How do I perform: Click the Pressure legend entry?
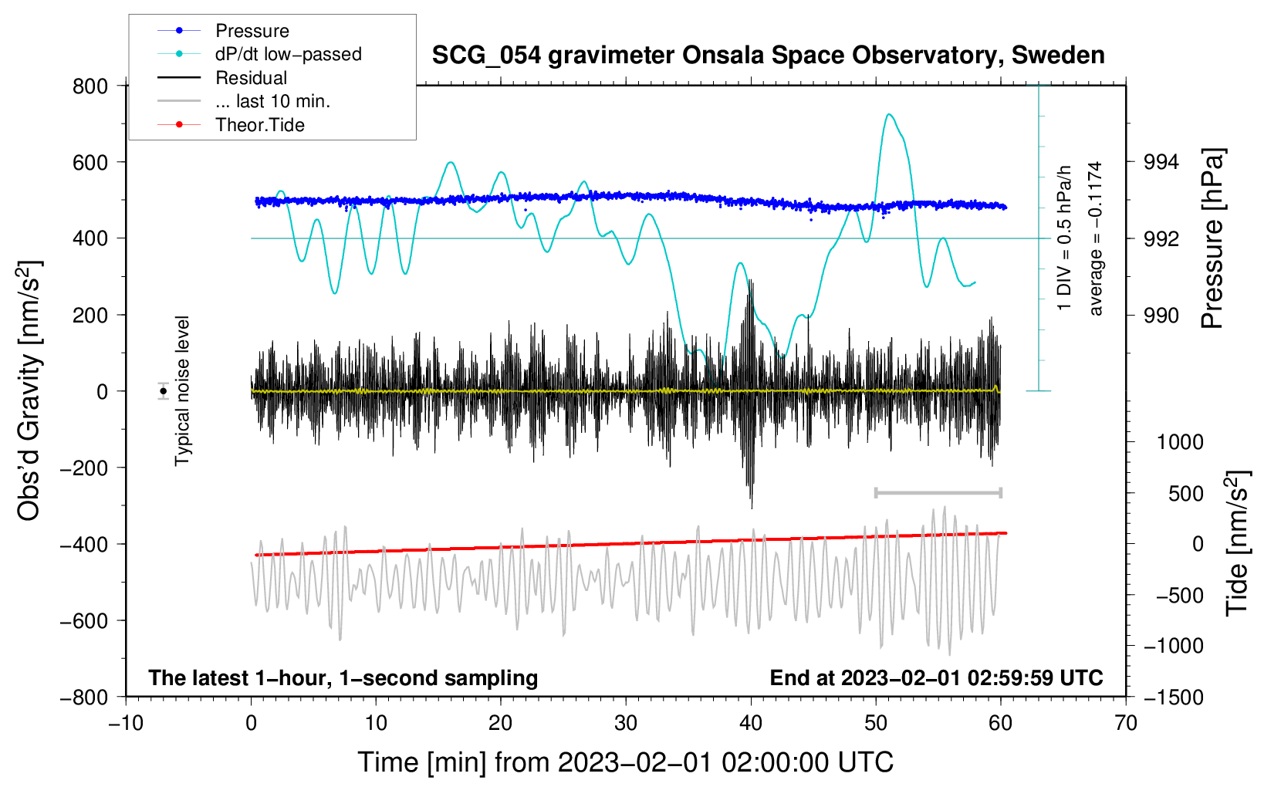coord(252,31)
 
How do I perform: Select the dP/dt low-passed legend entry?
coord(288,54)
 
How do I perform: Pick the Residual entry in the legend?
coord(251,78)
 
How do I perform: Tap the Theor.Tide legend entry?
coord(259,125)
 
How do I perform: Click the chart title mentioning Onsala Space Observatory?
coord(768,56)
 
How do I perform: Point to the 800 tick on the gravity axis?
coord(90,86)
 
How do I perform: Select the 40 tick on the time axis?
coord(751,723)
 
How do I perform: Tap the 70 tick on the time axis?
coord(1126,723)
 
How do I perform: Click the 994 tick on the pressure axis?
coord(1161,162)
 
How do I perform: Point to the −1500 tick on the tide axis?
coord(1173,697)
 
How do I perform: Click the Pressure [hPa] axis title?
coord(1213,238)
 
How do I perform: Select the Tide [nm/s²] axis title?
coord(1237,542)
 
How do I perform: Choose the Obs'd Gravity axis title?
coord(29,391)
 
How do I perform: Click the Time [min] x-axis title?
coord(625,762)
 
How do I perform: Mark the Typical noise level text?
coord(182,391)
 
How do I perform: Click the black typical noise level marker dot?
coord(164,391)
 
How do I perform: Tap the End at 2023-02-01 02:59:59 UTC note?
coord(936,678)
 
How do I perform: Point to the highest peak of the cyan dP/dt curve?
coord(890,115)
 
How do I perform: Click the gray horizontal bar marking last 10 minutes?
coord(938,492)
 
